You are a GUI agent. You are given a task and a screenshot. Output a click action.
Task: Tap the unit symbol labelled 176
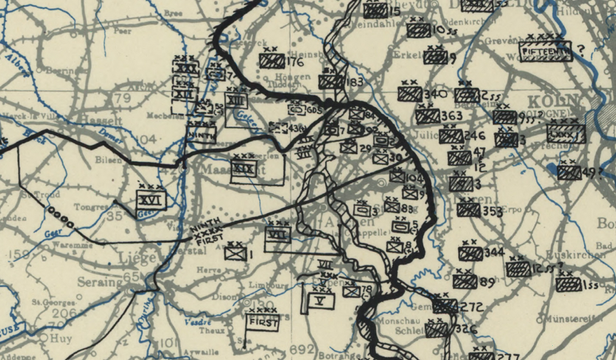click(x=272, y=61)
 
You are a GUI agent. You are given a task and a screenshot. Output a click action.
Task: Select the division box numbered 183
click(x=330, y=81)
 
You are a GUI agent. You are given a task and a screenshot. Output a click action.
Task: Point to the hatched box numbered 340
click(x=410, y=94)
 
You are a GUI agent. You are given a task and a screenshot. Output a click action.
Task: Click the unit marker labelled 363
click(x=427, y=116)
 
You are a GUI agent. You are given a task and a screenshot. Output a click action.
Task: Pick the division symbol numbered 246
click(x=451, y=136)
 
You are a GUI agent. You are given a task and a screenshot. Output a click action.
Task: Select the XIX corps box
click(x=244, y=170)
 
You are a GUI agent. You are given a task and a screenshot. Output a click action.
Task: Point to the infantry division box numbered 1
click(x=234, y=254)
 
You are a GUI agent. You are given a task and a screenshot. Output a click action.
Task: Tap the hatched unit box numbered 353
click(x=469, y=210)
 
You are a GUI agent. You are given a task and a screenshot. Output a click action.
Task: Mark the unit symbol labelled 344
click(x=472, y=253)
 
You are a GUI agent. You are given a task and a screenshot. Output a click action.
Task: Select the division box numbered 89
click(x=464, y=282)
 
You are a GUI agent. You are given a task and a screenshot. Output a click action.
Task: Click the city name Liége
click(x=137, y=257)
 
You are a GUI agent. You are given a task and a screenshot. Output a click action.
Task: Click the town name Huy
click(x=64, y=336)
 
